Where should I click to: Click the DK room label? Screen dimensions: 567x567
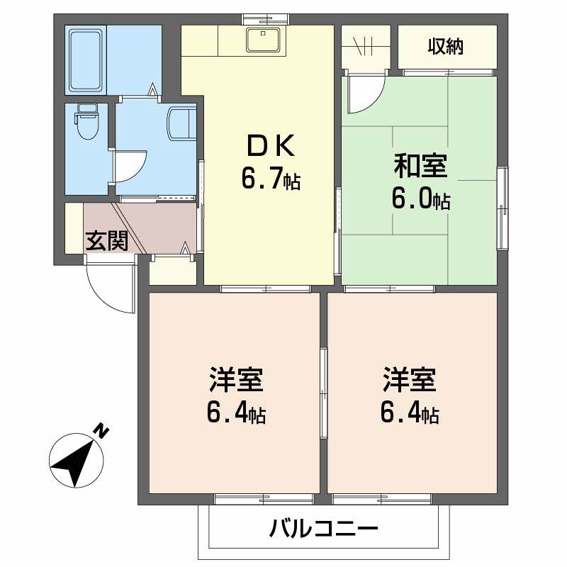click(270, 145)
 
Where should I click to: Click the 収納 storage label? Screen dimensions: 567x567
click(445, 47)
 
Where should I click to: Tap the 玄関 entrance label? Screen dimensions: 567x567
click(106, 241)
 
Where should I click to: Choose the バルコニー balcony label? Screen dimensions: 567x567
click(323, 529)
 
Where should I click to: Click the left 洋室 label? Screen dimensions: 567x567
click(236, 380)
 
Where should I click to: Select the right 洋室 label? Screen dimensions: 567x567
click(410, 380)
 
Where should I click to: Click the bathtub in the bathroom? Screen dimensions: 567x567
click(86, 60)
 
